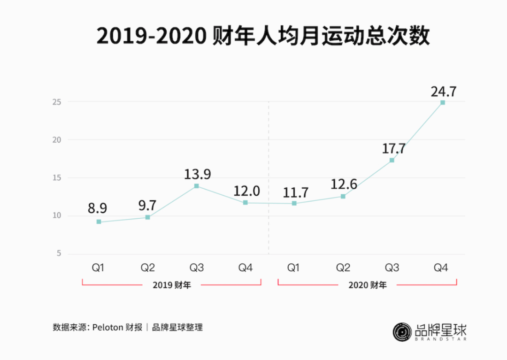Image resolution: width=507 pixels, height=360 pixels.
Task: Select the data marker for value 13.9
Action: pyautogui.click(x=197, y=186)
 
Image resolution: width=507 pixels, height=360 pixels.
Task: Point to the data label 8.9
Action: pyautogui.click(x=98, y=208)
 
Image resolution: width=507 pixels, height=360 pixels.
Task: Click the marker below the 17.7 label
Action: pyautogui.click(x=392, y=161)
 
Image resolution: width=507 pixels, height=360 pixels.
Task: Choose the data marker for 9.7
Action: pyautogui.click(x=147, y=217)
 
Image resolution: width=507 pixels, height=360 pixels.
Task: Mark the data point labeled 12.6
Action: pyautogui.click(x=343, y=196)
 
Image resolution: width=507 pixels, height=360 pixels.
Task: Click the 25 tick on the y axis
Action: pyautogui.click(x=57, y=101)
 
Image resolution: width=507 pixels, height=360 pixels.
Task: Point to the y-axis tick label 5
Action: pyautogui.click(x=59, y=254)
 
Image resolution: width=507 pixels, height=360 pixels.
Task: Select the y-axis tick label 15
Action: pyautogui.click(x=57, y=178)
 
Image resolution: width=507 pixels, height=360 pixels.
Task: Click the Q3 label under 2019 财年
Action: pyautogui.click(x=197, y=268)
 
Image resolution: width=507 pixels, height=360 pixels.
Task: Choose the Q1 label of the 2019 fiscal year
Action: pyautogui.click(x=98, y=268)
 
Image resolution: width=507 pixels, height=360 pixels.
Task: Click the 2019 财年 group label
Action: pyautogui.click(x=172, y=284)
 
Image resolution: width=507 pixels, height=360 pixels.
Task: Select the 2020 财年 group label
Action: pyautogui.click(x=368, y=284)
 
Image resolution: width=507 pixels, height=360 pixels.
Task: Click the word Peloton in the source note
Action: pyautogui.click(x=108, y=328)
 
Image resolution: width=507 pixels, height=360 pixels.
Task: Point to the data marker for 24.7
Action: pyautogui.click(x=442, y=102)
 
